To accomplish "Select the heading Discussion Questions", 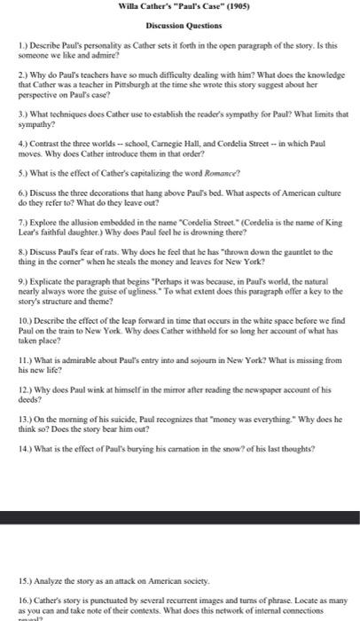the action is pos(180,24).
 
